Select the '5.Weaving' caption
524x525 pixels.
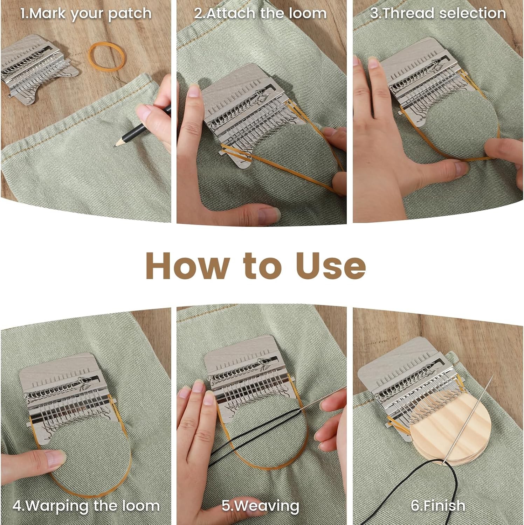pos(260,506)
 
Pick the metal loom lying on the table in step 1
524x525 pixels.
pos(39,68)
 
